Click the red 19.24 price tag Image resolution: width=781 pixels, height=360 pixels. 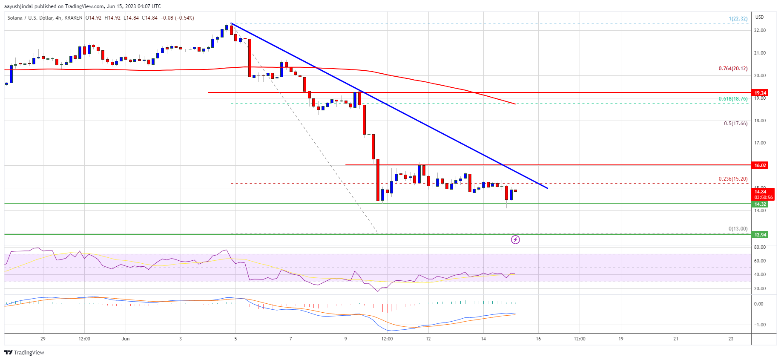(x=760, y=93)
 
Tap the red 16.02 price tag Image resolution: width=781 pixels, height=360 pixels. (x=760, y=165)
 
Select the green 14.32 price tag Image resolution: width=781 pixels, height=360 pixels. (x=760, y=204)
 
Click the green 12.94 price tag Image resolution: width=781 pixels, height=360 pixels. (x=760, y=235)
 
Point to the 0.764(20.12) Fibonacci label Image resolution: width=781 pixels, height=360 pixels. (x=732, y=69)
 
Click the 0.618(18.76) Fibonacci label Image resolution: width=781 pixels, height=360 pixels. (x=732, y=99)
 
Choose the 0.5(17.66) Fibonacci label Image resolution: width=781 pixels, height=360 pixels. (x=735, y=124)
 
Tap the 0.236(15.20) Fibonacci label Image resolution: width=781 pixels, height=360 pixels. (x=732, y=179)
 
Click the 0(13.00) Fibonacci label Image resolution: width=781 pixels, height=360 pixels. (x=738, y=229)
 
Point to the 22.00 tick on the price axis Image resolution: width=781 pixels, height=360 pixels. (x=760, y=31)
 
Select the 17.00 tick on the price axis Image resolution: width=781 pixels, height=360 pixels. (x=760, y=143)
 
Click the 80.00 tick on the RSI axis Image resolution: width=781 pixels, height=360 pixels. (x=760, y=247)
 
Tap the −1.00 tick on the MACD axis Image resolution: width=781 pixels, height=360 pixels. (x=760, y=325)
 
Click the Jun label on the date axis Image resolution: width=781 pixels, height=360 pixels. (x=125, y=339)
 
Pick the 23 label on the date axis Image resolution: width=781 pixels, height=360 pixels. (x=731, y=339)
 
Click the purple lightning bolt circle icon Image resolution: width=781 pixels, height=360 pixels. (x=515, y=240)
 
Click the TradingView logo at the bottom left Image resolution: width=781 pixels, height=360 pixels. (x=24, y=352)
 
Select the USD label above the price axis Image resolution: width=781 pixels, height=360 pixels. (x=759, y=17)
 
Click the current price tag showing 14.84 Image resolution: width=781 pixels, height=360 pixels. (x=760, y=192)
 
